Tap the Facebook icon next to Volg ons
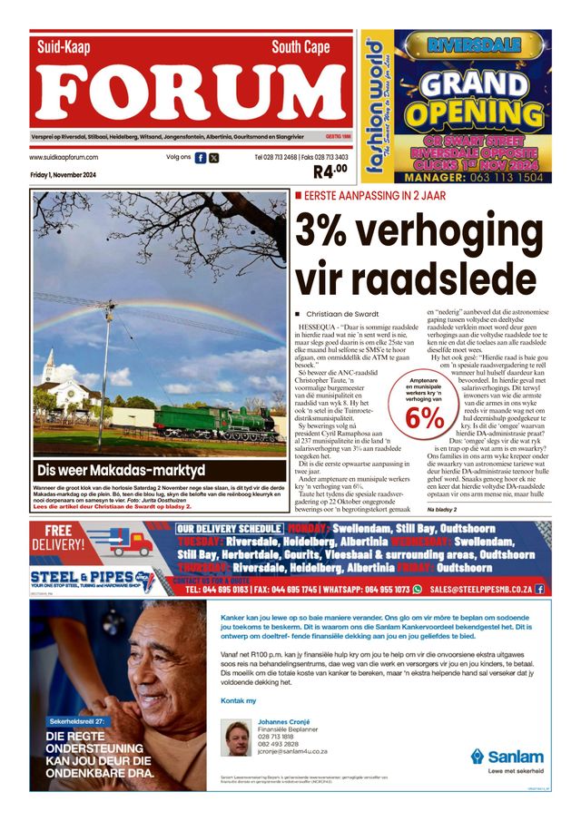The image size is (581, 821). pos(200,158)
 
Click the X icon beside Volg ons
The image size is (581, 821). pos(213,158)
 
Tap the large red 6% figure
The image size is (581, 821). pos(425,416)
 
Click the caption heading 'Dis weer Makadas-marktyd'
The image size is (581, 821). pos(121,471)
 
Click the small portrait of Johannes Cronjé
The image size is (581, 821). pos(237,738)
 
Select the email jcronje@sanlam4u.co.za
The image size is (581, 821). pos(292,751)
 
